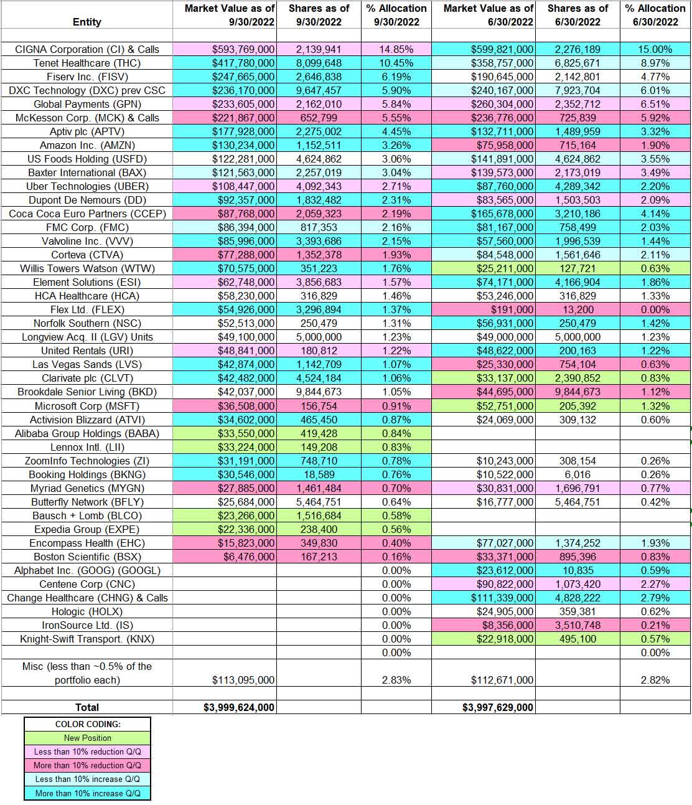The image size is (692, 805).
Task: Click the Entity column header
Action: click(86, 22)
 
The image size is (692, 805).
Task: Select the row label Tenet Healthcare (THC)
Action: click(86, 63)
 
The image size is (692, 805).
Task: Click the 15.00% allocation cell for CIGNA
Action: click(656, 49)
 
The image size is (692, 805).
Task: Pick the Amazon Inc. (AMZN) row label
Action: click(86, 145)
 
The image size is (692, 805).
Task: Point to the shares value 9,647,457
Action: click(319, 90)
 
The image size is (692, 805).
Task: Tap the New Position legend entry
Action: click(87, 738)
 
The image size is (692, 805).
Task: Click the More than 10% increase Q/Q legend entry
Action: click(87, 793)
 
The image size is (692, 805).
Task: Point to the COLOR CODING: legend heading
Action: click(87, 724)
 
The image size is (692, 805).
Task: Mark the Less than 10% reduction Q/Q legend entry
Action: click(87, 751)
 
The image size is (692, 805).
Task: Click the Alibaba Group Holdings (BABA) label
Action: click(86, 433)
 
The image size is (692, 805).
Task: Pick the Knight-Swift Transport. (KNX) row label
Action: click(86, 639)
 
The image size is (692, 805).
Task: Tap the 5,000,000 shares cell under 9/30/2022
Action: click(319, 337)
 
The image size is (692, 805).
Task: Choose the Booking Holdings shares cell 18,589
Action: click(319, 474)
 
